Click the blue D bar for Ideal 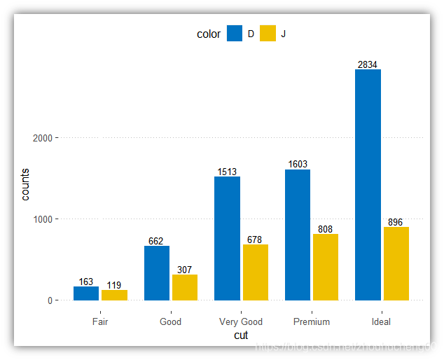368,185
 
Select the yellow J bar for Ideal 396,263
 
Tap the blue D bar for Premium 298,235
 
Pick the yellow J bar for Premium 326,267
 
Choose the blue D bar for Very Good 227,238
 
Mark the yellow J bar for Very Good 255,272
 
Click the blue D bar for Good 157,273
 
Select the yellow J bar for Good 185,287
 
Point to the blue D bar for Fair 86,293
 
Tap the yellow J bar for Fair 114,295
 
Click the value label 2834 368,64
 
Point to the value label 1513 227,172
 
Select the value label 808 326,229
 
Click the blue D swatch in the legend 235,34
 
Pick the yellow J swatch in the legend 268,34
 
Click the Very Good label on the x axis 241,322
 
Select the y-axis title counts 25,184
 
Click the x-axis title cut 241,335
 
